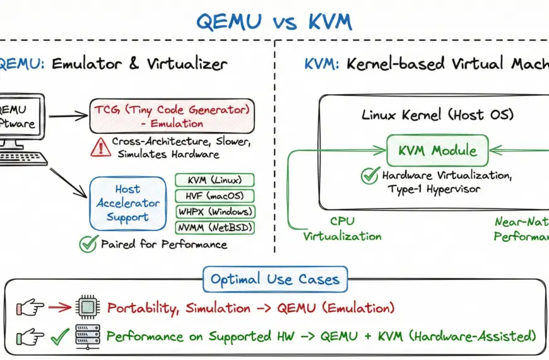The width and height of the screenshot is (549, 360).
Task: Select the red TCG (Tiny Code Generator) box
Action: [x=172, y=115]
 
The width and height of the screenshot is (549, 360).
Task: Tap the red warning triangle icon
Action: [x=100, y=147]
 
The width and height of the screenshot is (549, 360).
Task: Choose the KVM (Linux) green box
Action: [x=214, y=180]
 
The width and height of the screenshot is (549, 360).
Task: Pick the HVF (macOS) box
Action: [x=214, y=196]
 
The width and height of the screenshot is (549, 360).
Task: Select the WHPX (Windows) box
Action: [x=214, y=212]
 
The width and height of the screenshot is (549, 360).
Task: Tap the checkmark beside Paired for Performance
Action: [x=87, y=244]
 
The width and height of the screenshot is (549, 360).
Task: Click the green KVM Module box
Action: [x=437, y=151]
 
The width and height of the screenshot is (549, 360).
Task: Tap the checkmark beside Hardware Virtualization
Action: [x=370, y=176]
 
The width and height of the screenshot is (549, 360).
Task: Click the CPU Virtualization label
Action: [x=342, y=229]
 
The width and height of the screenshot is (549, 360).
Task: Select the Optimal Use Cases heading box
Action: [x=274, y=279]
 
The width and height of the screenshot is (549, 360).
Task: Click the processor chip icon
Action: [x=86, y=308]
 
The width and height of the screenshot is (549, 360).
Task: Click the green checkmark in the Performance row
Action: [x=59, y=335]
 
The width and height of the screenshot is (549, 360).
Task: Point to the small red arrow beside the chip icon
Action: [x=59, y=308]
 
